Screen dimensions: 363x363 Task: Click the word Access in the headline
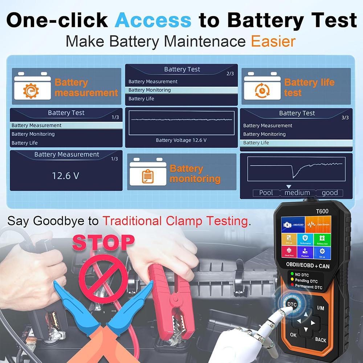(x=153, y=21)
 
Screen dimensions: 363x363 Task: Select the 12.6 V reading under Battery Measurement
(x=65, y=176)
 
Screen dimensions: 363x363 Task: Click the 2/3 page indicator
(x=230, y=74)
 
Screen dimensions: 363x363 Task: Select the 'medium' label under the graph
(x=297, y=193)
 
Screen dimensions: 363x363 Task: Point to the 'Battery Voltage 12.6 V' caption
(x=181, y=140)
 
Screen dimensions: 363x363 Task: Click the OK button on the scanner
(x=293, y=335)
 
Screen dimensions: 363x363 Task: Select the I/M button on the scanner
(x=321, y=308)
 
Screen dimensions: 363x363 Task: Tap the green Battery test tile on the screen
(x=322, y=240)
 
